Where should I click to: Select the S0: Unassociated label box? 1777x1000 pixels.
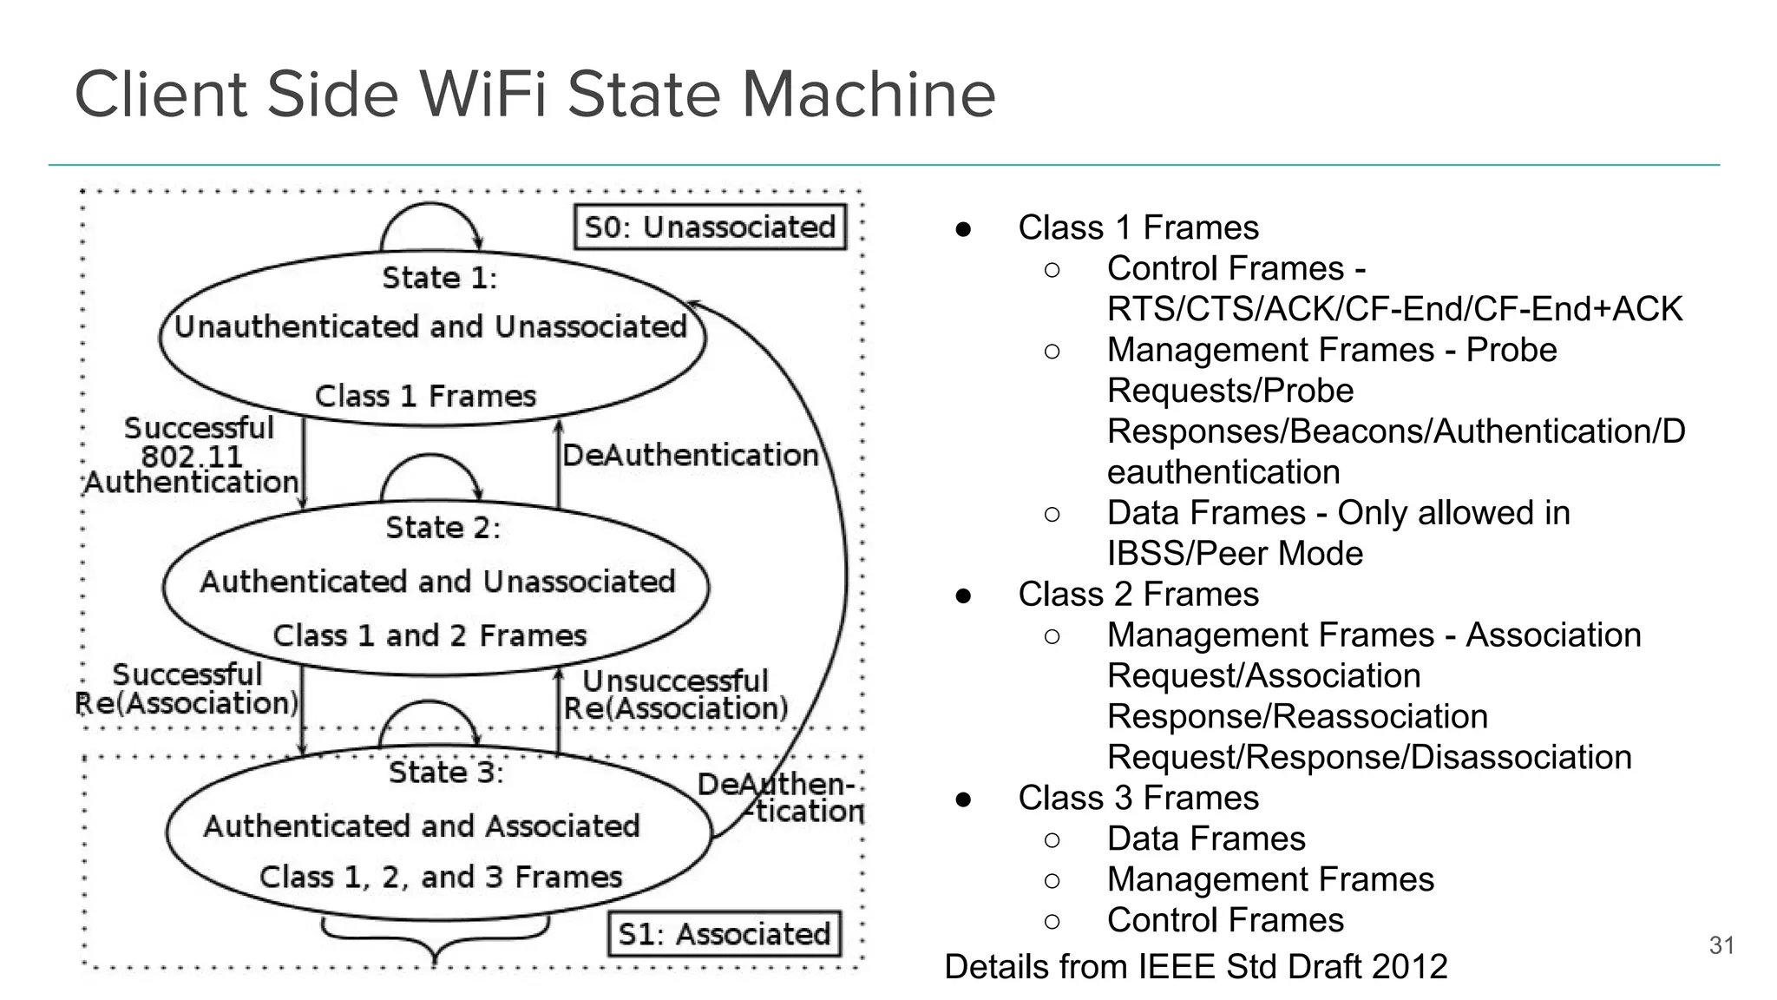pyautogui.click(x=710, y=227)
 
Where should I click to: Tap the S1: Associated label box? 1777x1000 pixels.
pyautogui.click(x=724, y=934)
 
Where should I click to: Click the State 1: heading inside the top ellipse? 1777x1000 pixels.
pyautogui.click(x=440, y=278)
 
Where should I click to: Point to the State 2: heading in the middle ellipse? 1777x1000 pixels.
pyautogui.click(x=443, y=528)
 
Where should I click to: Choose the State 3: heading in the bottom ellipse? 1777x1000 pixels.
pyautogui.click(x=446, y=773)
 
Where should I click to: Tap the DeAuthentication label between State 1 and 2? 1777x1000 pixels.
pyautogui.click(x=690, y=455)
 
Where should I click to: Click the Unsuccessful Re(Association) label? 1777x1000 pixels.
pyautogui.click(x=676, y=694)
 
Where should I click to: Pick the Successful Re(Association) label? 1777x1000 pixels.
pyautogui.click(x=187, y=689)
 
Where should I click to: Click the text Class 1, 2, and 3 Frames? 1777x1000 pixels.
pyautogui.click(x=441, y=877)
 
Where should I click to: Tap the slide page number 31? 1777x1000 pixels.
pyautogui.click(x=1721, y=945)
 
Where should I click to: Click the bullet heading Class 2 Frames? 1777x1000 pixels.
pyautogui.click(x=1138, y=595)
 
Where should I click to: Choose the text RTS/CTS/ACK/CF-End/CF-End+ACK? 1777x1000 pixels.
pyautogui.click(x=1394, y=309)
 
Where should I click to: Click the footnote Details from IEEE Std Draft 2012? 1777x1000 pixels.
pyautogui.click(x=1196, y=967)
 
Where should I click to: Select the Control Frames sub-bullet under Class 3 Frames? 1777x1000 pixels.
pyautogui.click(x=1225, y=920)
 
